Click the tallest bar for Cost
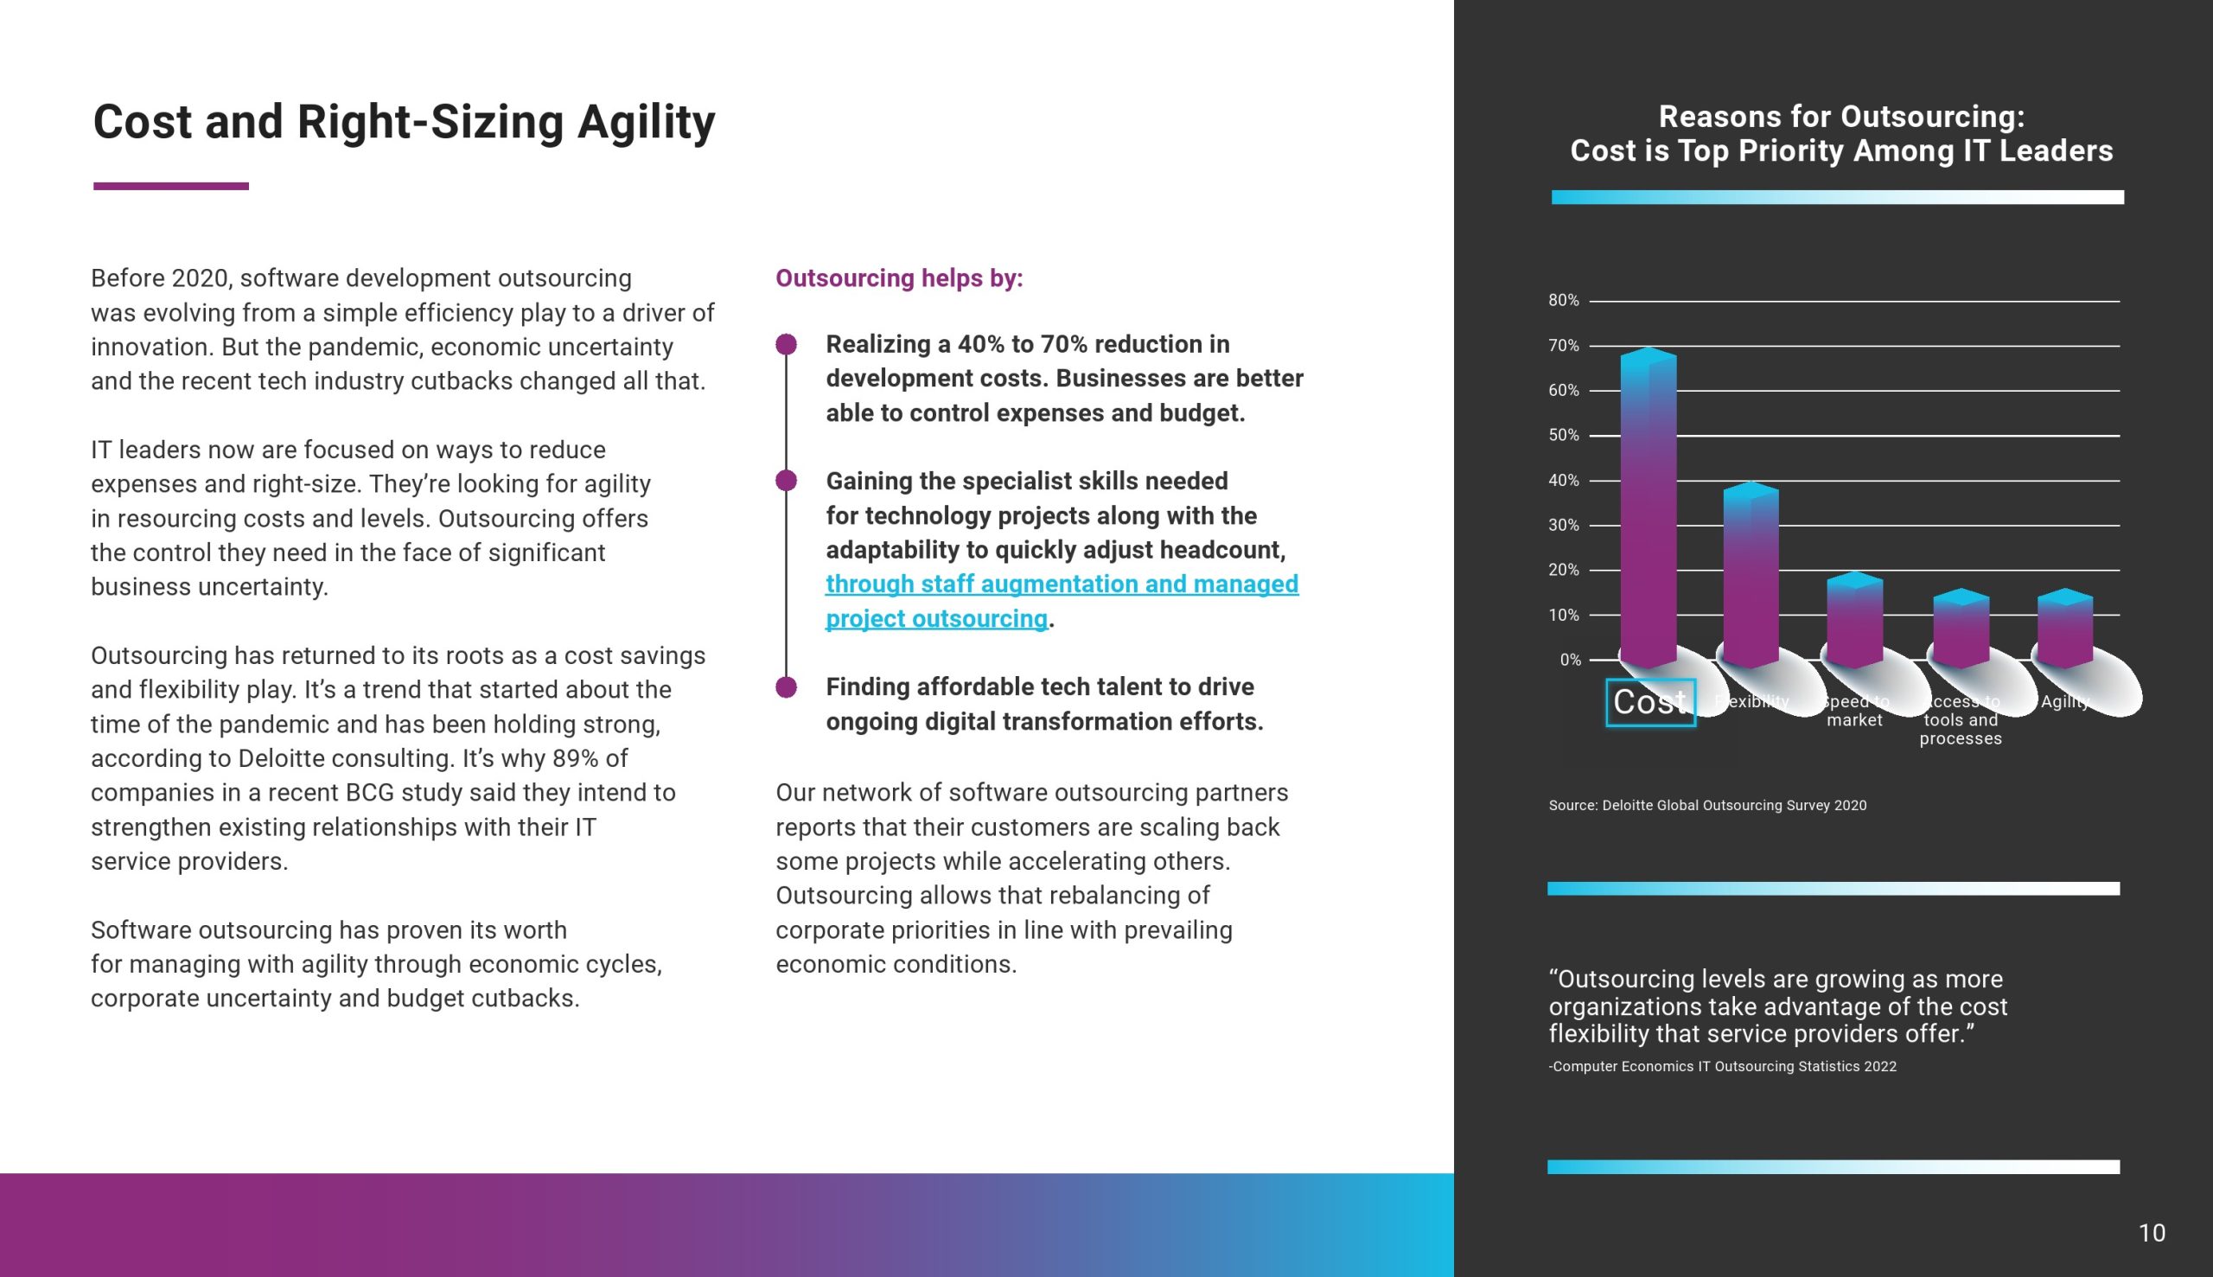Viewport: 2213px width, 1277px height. pyautogui.click(x=1649, y=508)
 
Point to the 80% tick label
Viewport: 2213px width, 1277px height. pyautogui.click(x=1563, y=301)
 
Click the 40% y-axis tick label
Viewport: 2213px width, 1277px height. pyautogui.click(x=1563, y=481)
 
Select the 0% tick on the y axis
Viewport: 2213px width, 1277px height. pyautogui.click(x=1570, y=660)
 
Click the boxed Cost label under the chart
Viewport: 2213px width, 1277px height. pyautogui.click(x=1650, y=703)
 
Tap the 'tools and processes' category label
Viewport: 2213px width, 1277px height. pyautogui.click(x=1961, y=729)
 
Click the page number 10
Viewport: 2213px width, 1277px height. pyautogui.click(x=2152, y=1233)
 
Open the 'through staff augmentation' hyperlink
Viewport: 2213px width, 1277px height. pyautogui.click(x=1061, y=585)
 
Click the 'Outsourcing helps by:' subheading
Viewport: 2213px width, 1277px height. pyautogui.click(x=899, y=279)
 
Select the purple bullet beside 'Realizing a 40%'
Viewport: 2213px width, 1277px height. pyautogui.click(x=787, y=345)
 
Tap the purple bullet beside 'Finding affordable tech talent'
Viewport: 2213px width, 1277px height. pyautogui.click(x=787, y=686)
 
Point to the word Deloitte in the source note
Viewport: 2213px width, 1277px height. pyautogui.click(x=1627, y=805)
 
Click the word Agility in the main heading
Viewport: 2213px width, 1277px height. pyautogui.click(x=647, y=122)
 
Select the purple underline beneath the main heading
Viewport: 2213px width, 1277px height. pyautogui.click(x=171, y=186)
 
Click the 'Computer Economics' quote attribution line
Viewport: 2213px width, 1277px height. pyautogui.click(x=1722, y=1067)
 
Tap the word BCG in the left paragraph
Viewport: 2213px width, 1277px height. pyautogui.click(x=369, y=793)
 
